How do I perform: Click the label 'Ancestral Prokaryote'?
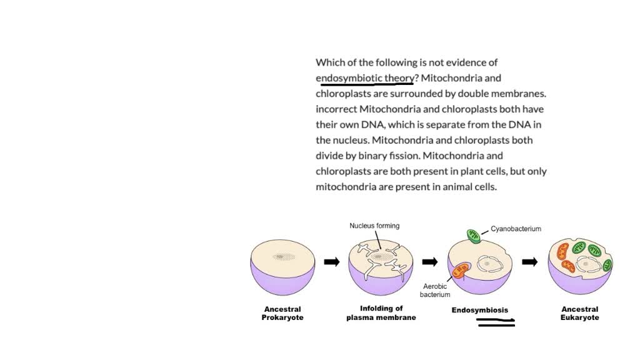coord(282,313)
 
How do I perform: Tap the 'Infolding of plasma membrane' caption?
coord(381,312)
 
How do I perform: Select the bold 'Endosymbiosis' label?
coord(480,310)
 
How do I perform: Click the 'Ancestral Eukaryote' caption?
coord(580,313)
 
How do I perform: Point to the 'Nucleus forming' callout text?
coord(374,226)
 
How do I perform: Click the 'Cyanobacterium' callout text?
coord(516,229)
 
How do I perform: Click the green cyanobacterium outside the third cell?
coord(474,236)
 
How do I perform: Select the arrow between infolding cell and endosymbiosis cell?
coord(429,261)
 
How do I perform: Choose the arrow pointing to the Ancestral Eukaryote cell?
coord(529,261)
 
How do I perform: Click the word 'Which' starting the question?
coord(330,62)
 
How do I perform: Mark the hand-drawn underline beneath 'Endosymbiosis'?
coord(496,322)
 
